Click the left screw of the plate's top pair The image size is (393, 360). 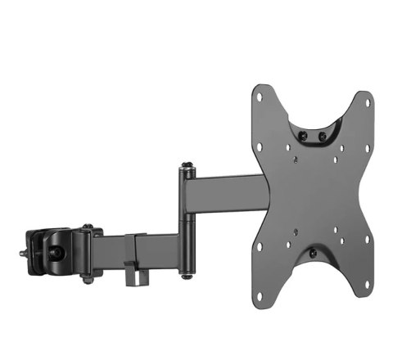click(x=303, y=135)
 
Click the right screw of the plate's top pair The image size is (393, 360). click(x=322, y=135)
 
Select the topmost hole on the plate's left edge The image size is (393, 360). click(x=260, y=97)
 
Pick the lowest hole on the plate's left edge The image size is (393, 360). click(x=259, y=246)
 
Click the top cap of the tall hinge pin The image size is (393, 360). click(x=188, y=169)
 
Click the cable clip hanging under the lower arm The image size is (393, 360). click(x=131, y=273)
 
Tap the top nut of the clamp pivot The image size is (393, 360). click(x=87, y=226)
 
